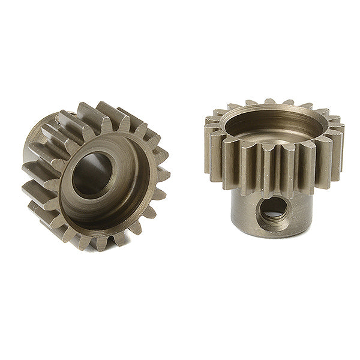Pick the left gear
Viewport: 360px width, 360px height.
coord(96,174)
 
